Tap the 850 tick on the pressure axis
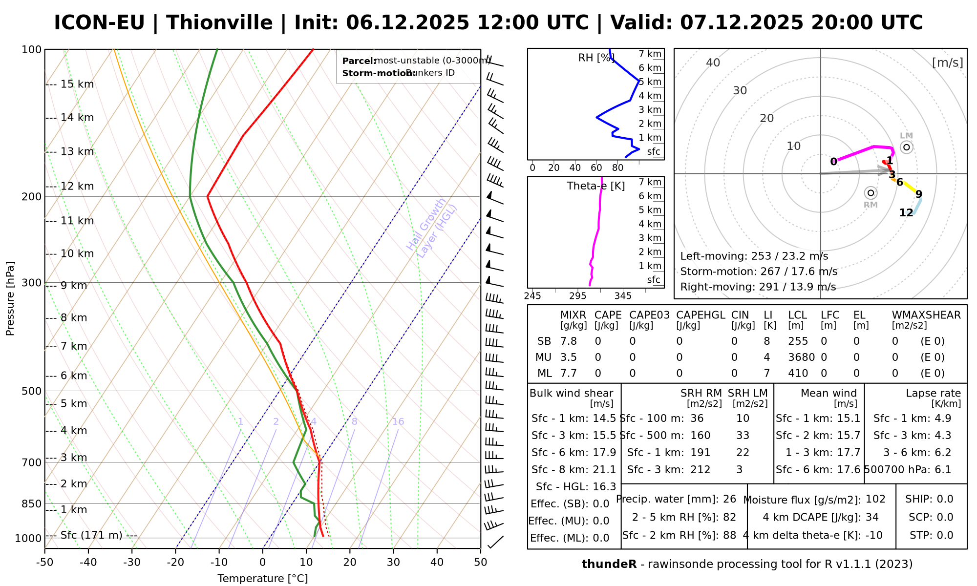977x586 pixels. click(32, 503)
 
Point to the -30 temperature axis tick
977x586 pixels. click(132, 562)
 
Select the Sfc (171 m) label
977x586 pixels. click(91, 535)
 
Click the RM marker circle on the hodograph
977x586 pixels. click(871, 193)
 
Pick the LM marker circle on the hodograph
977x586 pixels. click(907, 147)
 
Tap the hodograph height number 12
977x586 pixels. click(906, 212)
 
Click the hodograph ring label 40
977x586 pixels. click(713, 63)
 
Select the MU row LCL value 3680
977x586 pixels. click(801, 357)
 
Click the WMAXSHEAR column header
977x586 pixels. click(926, 315)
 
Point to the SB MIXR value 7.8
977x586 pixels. click(569, 341)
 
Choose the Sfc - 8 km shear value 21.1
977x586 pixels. click(604, 470)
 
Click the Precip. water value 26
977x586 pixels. click(729, 499)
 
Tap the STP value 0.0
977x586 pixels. click(945, 535)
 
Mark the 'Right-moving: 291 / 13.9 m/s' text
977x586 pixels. click(758, 287)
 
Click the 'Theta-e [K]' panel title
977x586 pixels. click(595, 186)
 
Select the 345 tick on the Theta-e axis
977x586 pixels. click(623, 296)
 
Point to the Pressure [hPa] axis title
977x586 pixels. click(10, 298)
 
